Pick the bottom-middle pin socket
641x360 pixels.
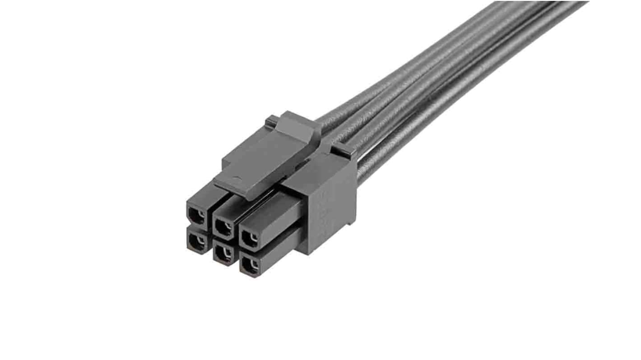[222, 254]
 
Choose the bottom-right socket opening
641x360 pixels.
[248, 266]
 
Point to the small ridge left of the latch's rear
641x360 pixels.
[271, 121]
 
